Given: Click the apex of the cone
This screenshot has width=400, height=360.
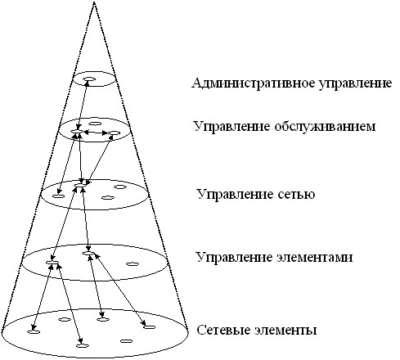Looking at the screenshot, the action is [x=94, y=2].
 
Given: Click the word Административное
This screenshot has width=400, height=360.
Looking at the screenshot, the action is [x=254, y=83].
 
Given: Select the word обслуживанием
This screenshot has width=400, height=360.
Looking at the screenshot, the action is [x=325, y=126].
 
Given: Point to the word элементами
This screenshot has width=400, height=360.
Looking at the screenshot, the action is [x=314, y=257].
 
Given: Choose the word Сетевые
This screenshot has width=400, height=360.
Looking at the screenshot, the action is [x=224, y=330].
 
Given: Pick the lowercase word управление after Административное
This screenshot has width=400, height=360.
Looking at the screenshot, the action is [x=355, y=83].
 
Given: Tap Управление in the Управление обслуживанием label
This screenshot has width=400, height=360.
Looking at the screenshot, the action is [x=231, y=127].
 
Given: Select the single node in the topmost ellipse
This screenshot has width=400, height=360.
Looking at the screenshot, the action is [x=89, y=79].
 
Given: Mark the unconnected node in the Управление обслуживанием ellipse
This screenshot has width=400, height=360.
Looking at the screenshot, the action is [x=95, y=124].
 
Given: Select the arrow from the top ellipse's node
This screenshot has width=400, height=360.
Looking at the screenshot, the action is [x=83, y=106].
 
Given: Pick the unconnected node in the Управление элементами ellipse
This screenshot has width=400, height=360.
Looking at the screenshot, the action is [x=133, y=263].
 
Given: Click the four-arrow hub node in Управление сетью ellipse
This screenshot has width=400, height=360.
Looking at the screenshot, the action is [x=80, y=185].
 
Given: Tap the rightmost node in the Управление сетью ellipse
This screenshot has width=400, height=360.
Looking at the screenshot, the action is [x=120, y=187].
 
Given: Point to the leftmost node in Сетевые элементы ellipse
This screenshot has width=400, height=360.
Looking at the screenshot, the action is [x=34, y=331].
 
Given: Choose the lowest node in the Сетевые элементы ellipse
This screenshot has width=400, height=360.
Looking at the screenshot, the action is [x=83, y=345].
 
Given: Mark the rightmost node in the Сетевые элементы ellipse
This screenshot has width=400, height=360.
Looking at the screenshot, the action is [x=149, y=327].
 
